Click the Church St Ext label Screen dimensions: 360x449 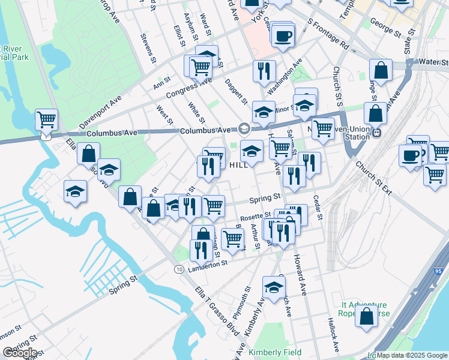(373, 178)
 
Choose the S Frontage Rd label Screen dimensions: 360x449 (328, 34)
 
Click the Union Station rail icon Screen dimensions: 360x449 (376, 133)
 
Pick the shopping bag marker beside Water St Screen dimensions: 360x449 (381, 70)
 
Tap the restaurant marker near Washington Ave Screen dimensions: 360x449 (264, 71)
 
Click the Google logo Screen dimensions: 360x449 (20, 352)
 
